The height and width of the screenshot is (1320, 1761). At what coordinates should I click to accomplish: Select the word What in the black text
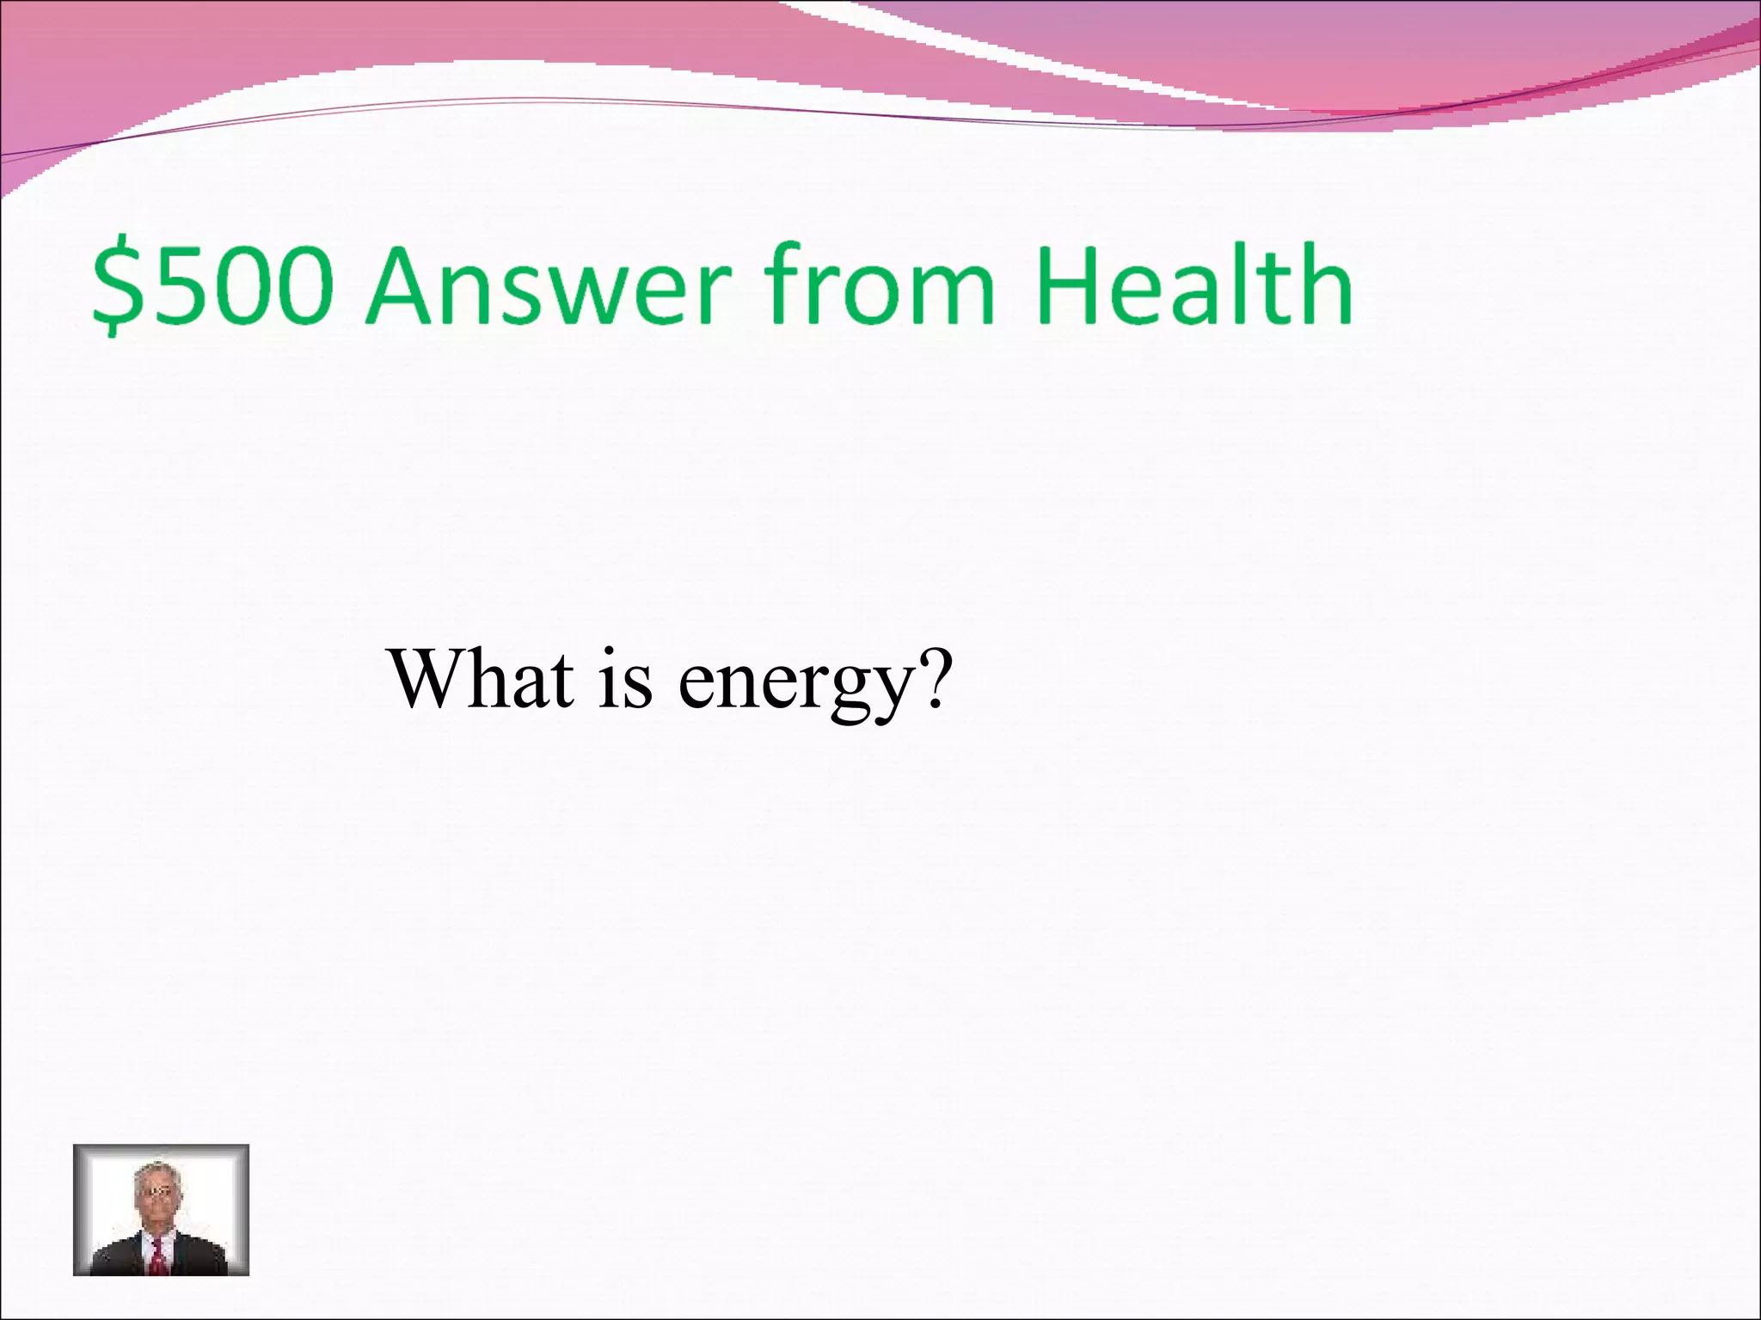click(x=482, y=679)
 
